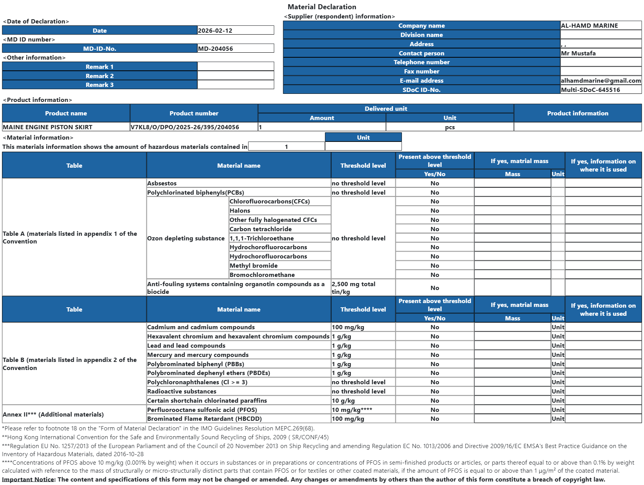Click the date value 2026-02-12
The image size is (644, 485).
(x=215, y=31)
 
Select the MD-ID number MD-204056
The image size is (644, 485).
(x=216, y=49)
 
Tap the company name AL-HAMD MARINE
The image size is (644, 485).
(x=589, y=26)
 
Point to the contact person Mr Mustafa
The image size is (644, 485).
(x=578, y=53)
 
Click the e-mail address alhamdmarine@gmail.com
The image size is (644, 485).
(x=601, y=81)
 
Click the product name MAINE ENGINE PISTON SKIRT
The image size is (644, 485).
(x=48, y=127)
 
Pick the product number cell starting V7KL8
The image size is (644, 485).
(x=185, y=127)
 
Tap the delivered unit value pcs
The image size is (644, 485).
(x=450, y=127)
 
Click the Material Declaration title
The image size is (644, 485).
(x=322, y=7)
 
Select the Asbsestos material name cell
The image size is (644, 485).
(x=162, y=183)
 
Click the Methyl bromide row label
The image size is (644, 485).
(x=254, y=266)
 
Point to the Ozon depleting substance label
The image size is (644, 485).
(x=186, y=238)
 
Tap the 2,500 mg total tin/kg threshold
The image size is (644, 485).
(x=354, y=288)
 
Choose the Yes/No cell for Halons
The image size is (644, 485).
(x=435, y=211)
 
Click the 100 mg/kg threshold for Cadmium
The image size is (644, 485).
(x=348, y=327)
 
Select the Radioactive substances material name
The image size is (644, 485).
(x=182, y=392)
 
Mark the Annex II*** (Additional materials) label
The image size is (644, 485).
(x=53, y=415)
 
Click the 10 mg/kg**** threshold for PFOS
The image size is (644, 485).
(x=352, y=410)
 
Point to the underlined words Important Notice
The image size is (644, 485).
(x=28, y=480)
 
